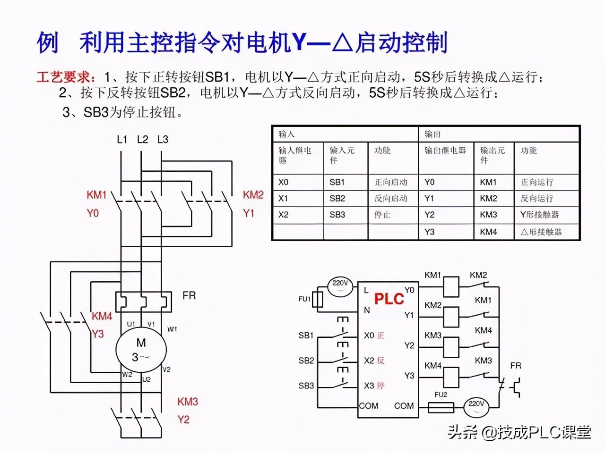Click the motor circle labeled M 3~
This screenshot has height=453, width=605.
[141, 350]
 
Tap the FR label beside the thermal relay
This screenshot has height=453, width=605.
[189, 296]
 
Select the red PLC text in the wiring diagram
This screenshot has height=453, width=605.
[389, 299]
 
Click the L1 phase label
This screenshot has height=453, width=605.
[122, 139]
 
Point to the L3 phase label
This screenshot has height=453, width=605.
[163, 139]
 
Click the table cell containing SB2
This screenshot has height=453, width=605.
[337, 198]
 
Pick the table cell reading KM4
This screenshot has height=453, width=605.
[488, 232]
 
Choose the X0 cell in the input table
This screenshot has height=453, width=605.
[283, 182]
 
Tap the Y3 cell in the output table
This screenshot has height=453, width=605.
[429, 232]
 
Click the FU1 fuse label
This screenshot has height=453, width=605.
[304, 299]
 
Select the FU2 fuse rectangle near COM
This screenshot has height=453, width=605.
[441, 407]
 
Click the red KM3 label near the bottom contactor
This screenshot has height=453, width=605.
[188, 402]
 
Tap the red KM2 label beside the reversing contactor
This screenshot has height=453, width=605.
[253, 195]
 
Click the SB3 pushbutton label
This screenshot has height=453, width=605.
[306, 386]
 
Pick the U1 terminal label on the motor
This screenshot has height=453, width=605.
[131, 324]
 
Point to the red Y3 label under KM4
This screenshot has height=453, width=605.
[97, 334]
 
